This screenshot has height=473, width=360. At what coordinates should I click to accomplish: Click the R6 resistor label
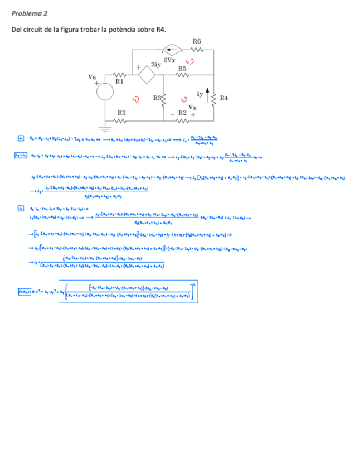[x=197, y=41]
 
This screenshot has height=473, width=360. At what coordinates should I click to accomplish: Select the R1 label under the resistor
[x=119, y=81]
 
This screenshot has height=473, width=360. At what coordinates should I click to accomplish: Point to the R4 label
[x=223, y=98]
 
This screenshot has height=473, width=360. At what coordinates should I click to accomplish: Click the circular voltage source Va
[x=105, y=93]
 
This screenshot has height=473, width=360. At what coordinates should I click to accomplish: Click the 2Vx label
[x=169, y=60]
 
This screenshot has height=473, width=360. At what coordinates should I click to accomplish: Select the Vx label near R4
[x=192, y=107]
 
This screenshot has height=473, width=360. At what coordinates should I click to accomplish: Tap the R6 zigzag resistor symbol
[x=197, y=49]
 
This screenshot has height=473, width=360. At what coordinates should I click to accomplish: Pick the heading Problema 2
[x=30, y=12]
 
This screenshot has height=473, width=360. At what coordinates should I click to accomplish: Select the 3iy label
[x=155, y=64]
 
